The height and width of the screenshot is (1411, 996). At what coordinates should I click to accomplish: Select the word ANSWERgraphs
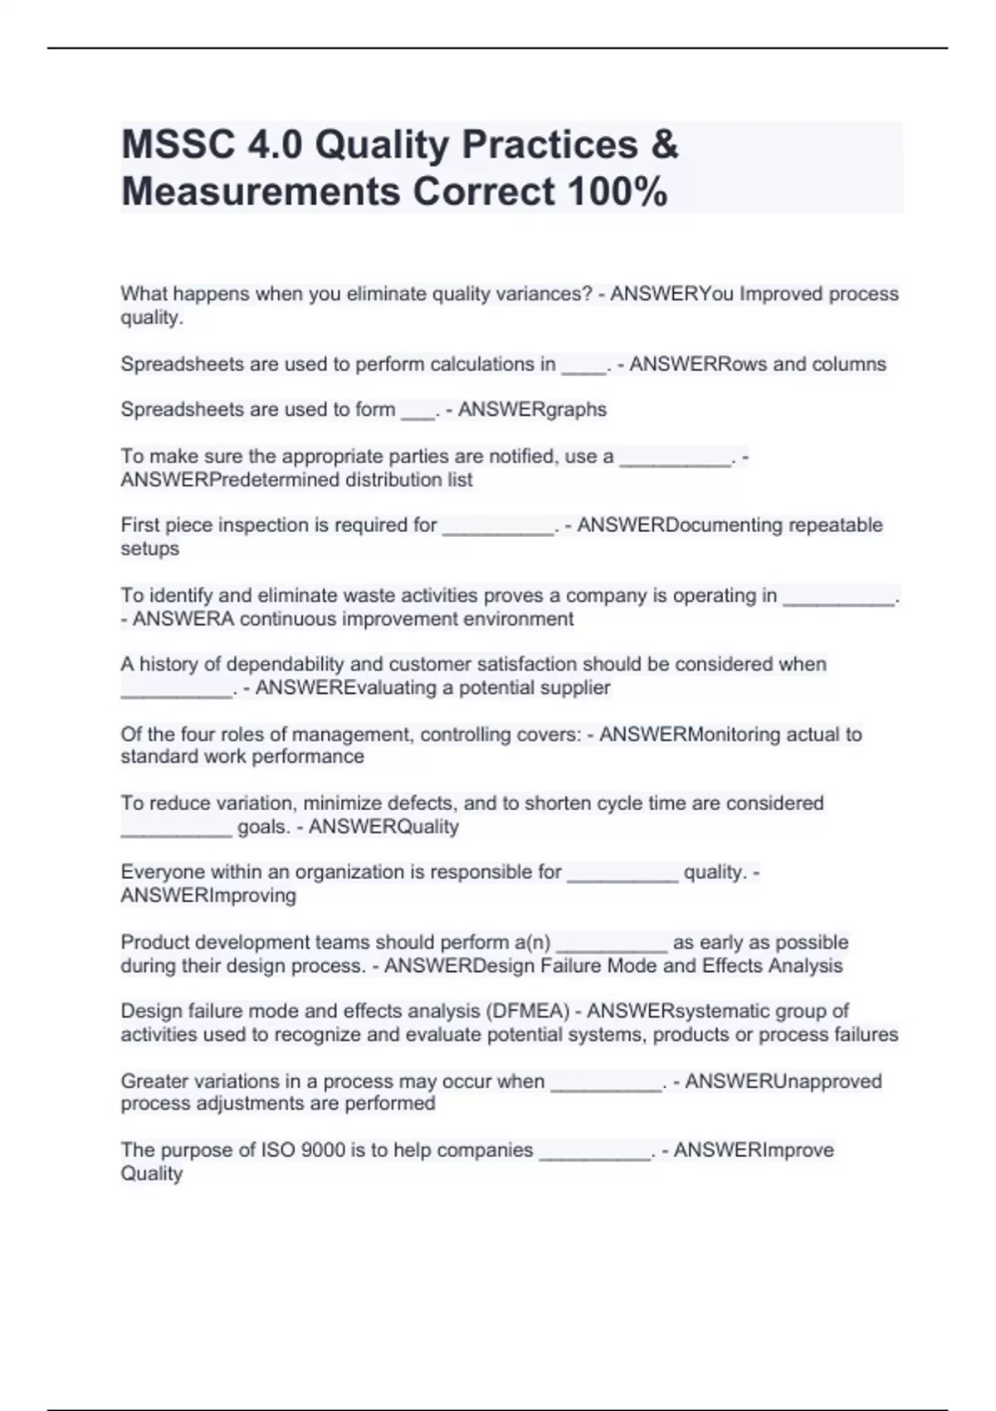[x=532, y=410]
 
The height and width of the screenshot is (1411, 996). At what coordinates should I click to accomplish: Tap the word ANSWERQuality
[x=383, y=827]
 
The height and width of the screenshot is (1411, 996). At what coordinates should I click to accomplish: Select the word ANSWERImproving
[x=208, y=896]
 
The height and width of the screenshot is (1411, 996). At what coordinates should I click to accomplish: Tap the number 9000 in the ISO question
[x=323, y=1150]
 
